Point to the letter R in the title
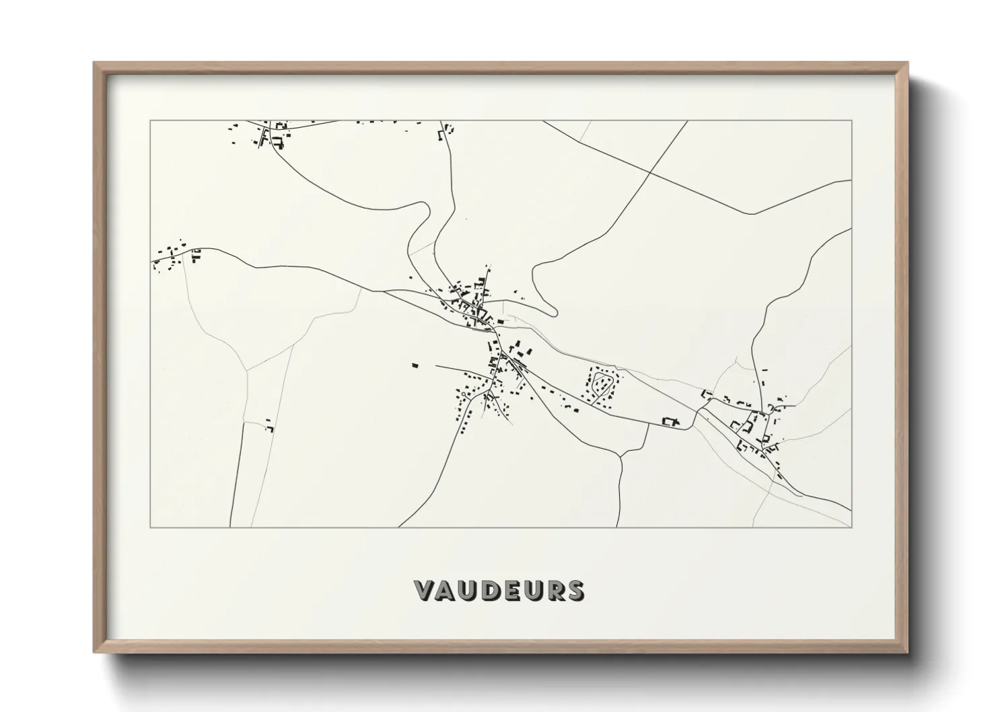pos(553,590)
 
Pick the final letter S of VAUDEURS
pos(575,590)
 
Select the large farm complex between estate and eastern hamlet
pos(669,422)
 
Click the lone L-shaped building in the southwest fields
pos(270,427)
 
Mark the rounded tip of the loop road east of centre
pos(553,311)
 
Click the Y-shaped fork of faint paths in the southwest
pos(248,370)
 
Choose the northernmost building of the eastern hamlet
pos(765,370)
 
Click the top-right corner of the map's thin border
pos(851,121)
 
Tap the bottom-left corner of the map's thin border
pos(150,527)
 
